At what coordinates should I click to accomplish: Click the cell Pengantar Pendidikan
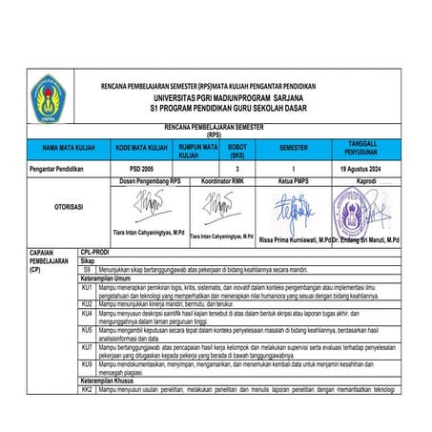pos(58,167)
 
